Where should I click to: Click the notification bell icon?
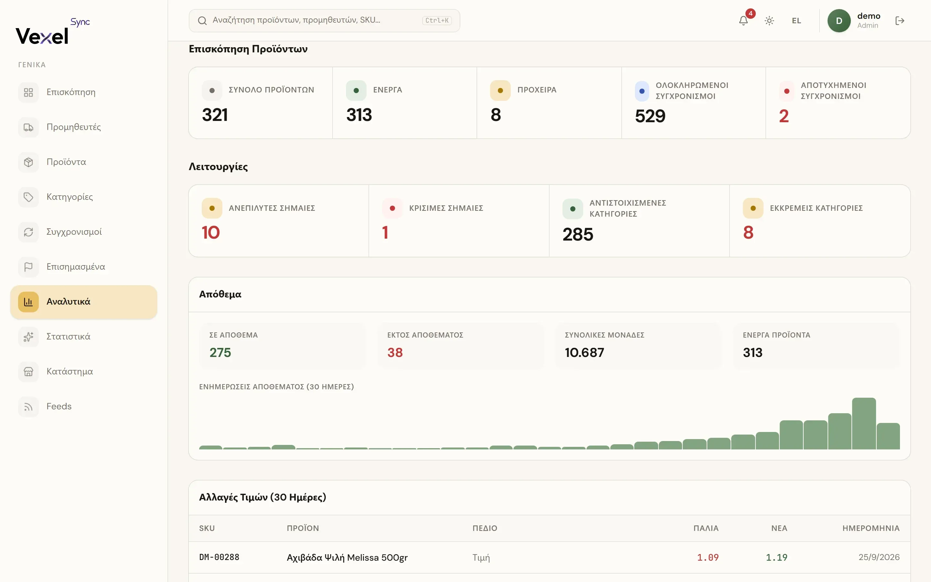[743, 21]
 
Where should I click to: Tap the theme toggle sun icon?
[769, 21]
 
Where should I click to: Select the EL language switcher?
[796, 21]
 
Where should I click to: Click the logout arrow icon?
[900, 21]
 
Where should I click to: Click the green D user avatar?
[839, 21]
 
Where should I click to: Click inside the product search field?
[324, 21]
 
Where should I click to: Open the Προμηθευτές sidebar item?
[73, 127]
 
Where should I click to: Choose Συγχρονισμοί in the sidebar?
[74, 232]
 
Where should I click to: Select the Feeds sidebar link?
[59, 406]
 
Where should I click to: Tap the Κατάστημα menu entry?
[70, 372]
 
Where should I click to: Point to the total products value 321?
[215, 115]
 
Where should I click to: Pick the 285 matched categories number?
[578, 234]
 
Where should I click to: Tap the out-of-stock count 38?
[395, 352]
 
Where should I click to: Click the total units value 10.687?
[584, 352]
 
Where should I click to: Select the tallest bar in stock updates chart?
[864, 424]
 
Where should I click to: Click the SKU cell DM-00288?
[219, 557]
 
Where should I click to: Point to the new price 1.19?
[776, 557]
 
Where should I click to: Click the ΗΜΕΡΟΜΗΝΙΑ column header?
[871, 528]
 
